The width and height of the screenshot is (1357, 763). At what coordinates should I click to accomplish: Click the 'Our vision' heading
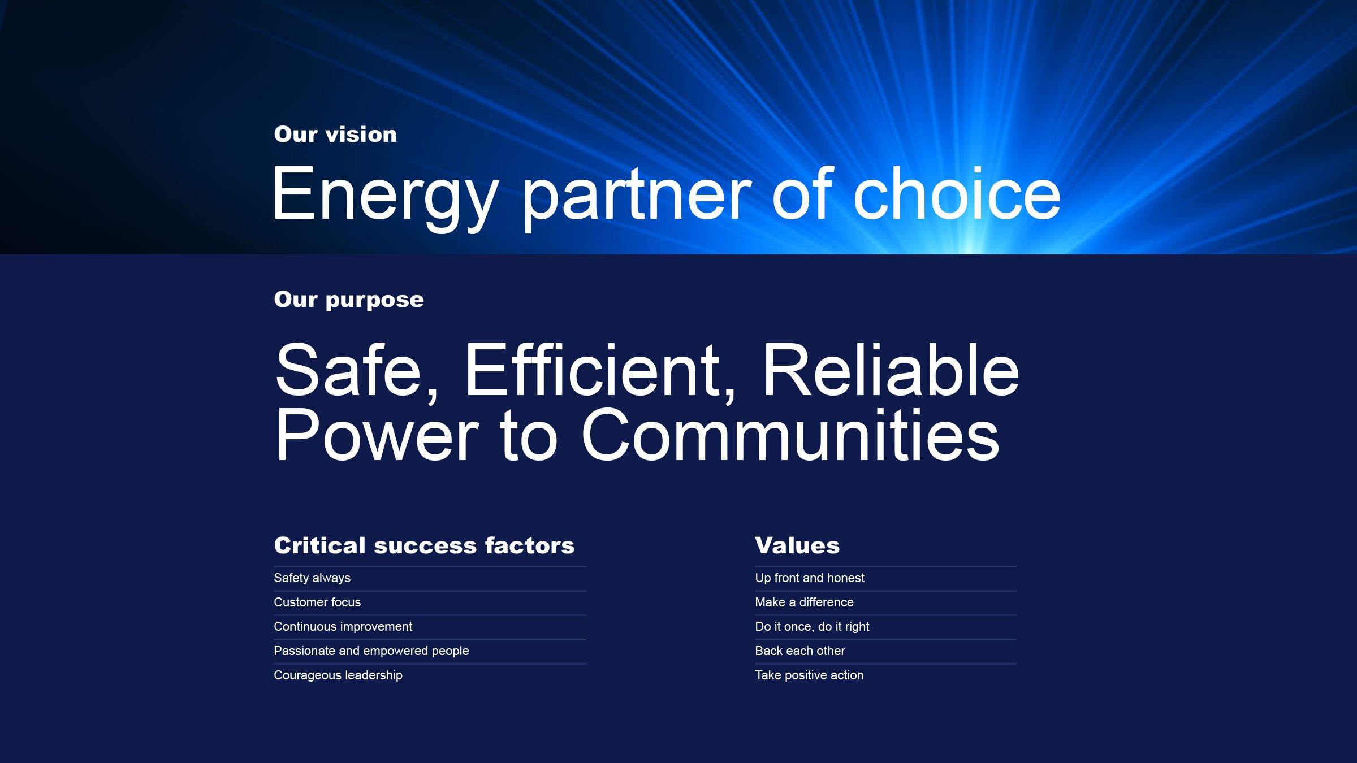click(x=335, y=135)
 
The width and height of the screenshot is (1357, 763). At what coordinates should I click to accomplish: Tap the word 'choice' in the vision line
click(x=957, y=194)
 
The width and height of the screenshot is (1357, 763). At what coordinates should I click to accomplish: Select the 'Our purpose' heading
click(x=349, y=300)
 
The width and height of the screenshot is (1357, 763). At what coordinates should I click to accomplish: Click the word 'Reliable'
click(x=891, y=370)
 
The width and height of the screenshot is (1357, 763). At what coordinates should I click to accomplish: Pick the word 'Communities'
click(x=790, y=435)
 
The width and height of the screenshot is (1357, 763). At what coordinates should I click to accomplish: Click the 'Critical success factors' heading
click(x=424, y=546)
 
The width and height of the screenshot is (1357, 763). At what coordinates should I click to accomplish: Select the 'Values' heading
click(x=797, y=546)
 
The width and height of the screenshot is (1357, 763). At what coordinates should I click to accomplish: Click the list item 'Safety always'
click(x=312, y=578)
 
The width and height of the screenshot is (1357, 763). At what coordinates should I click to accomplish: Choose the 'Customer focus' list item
click(x=317, y=602)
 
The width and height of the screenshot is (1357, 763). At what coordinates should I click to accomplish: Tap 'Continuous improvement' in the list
click(x=343, y=627)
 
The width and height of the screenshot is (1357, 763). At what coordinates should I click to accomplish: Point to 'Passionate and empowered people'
click(x=371, y=651)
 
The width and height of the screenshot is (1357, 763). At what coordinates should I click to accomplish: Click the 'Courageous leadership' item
click(x=338, y=675)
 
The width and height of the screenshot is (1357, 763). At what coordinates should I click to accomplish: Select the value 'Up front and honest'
click(x=810, y=578)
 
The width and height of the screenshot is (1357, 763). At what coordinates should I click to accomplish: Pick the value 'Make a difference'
click(x=804, y=602)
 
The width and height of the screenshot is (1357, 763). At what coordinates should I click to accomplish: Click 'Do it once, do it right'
click(x=812, y=627)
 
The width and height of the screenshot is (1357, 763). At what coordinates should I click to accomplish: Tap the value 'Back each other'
click(x=800, y=651)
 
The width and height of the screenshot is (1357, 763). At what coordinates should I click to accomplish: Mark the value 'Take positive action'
click(x=809, y=675)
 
